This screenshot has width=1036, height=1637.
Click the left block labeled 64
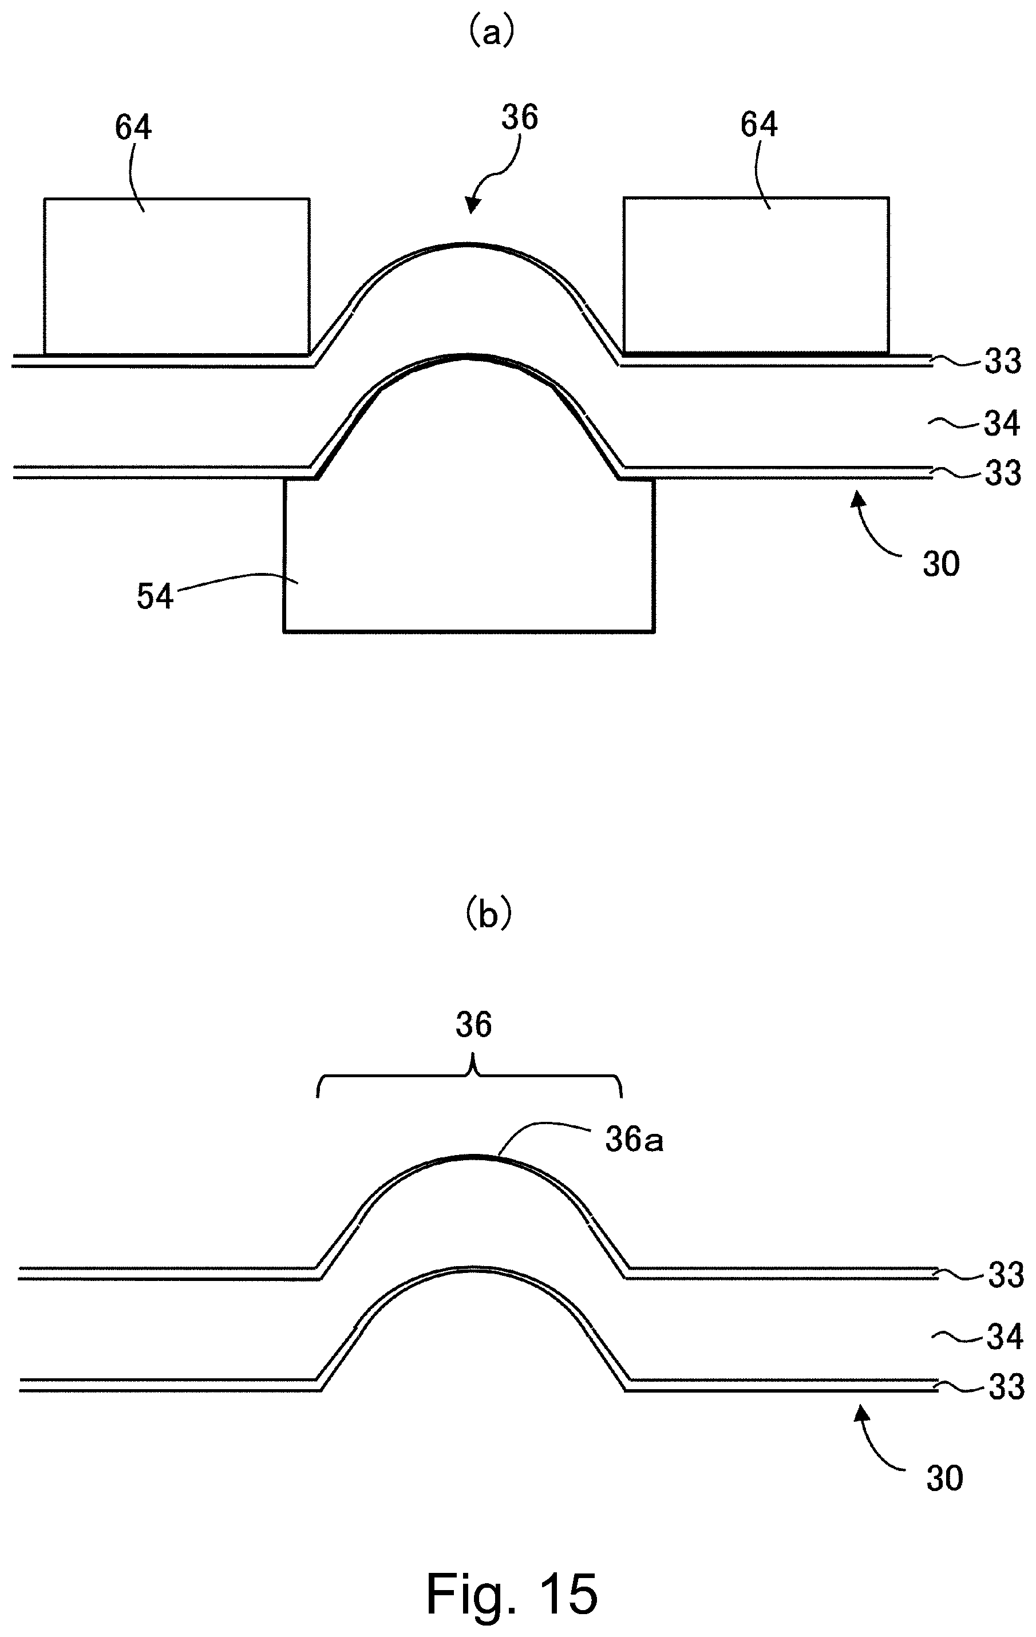(x=177, y=276)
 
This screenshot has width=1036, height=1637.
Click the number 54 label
(x=155, y=597)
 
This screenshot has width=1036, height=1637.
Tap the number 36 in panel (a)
(x=519, y=117)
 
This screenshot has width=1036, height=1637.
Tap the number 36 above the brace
(x=473, y=1025)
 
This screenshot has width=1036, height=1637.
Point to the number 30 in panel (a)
(x=941, y=564)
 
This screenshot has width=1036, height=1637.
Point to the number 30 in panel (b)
(x=945, y=1478)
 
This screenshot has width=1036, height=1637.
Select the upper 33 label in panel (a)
(x=1003, y=362)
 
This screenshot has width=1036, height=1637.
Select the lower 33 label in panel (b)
(x=1006, y=1387)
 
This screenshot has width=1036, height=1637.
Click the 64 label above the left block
(x=133, y=127)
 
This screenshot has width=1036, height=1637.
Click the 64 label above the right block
(x=758, y=124)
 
